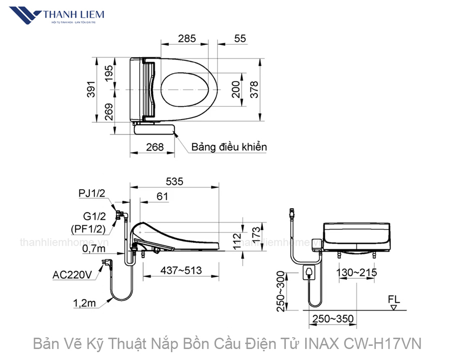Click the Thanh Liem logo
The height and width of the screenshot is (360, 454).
coord(61,16)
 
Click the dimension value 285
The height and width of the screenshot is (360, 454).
coord(187,39)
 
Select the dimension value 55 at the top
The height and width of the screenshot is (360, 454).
coord(240,39)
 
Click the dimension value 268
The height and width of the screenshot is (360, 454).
coord(154,147)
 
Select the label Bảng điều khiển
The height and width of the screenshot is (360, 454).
coord(229,147)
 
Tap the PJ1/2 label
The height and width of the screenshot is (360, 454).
coord(92,193)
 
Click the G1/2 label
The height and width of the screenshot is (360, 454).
coord(94,216)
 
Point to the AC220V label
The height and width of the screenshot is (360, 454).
coord(72,275)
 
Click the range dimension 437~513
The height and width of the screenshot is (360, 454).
coord(182,270)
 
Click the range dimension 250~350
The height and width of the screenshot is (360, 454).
coord(332,319)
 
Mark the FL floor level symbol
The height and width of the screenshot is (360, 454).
coord(394,302)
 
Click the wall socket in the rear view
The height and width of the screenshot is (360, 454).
coord(309,274)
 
